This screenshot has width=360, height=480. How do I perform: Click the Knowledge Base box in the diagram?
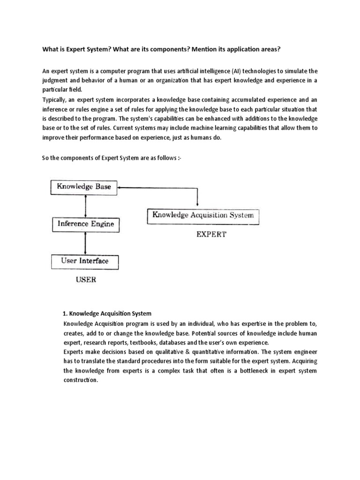84,187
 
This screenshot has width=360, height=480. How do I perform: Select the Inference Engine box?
85,224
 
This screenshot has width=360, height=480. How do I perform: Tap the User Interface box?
84,261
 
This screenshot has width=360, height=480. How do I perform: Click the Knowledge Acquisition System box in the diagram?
202,216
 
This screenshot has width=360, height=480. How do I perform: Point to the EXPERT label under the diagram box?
210,234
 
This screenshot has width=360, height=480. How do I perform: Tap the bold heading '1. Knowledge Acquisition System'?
107,313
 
